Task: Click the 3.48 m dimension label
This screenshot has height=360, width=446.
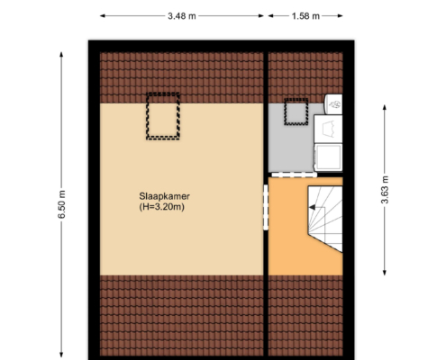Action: click(x=182, y=16)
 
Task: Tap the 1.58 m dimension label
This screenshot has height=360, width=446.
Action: click(x=305, y=16)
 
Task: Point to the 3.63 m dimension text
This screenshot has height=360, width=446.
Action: click(x=385, y=190)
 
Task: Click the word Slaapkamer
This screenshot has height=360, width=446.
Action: click(x=164, y=196)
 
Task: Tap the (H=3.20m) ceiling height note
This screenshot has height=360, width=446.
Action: click(x=161, y=207)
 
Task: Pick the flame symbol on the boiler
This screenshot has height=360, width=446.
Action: click(x=334, y=104)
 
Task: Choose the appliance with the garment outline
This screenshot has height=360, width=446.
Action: click(x=328, y=129)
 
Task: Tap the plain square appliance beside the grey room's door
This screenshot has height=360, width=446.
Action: click(x=328, y=157)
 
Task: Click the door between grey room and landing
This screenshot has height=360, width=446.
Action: click(x=295, y=175)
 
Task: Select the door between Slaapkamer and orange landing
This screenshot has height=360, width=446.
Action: click(x=266, y=207)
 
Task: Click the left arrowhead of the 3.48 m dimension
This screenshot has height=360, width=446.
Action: click(x=103, y=16)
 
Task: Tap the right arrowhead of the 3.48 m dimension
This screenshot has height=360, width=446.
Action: click(x=260, y=16)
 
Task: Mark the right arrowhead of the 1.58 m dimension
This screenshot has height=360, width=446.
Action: click(x=340, y=16)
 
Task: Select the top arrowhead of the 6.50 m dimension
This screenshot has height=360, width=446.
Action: click(x=61, y=55)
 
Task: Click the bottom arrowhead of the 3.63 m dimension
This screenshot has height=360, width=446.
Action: click(x=385, y=273)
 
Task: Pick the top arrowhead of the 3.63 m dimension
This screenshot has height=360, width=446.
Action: click(x=385, y=107)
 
